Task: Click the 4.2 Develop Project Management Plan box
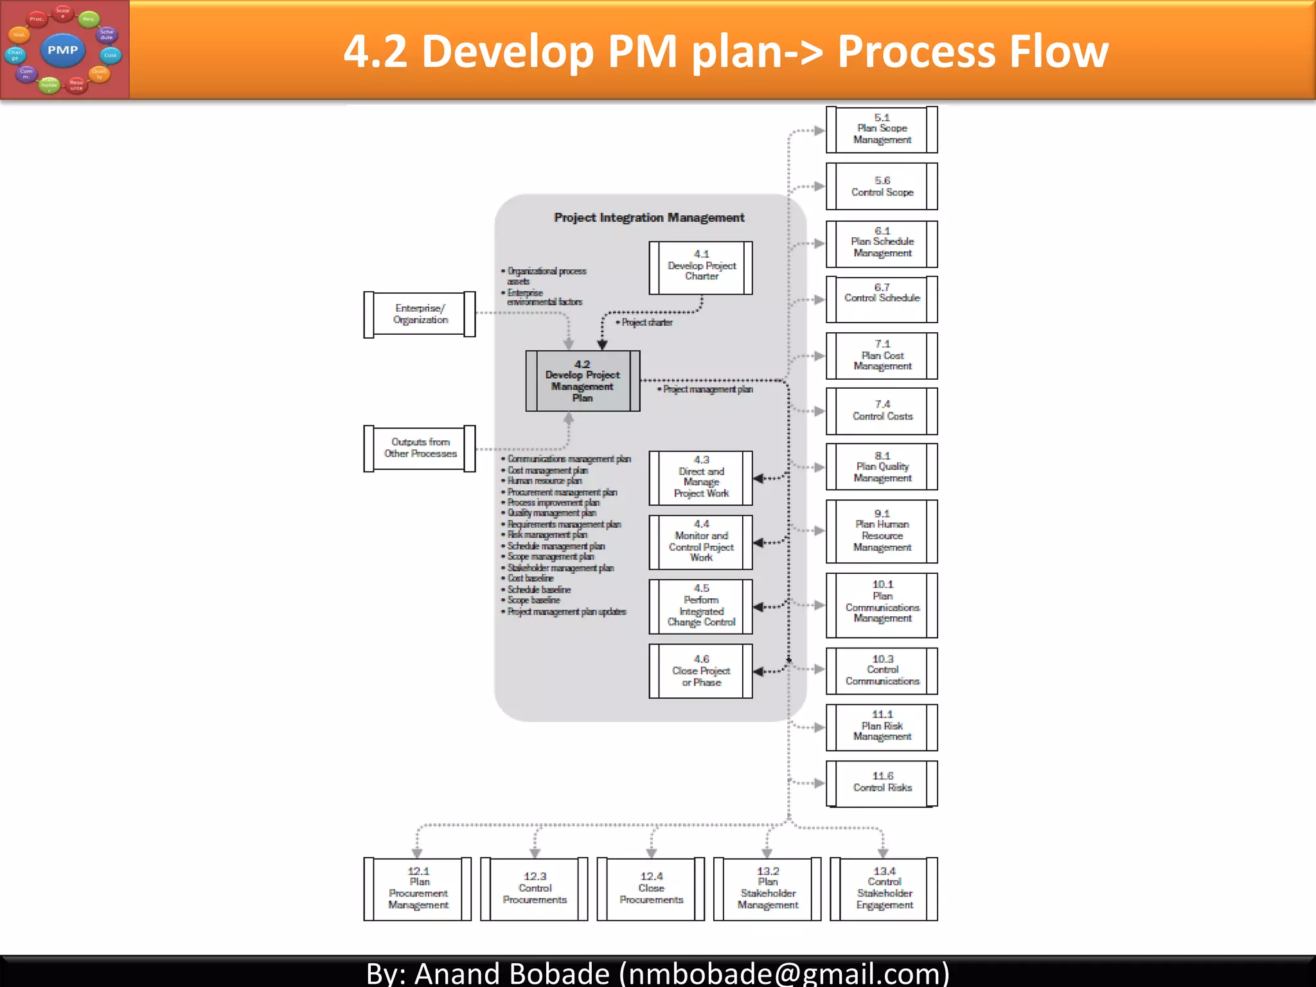[582, 381]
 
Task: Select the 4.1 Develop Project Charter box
[700, 268]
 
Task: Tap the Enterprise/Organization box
[420, 314]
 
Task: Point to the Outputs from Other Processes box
[420, 448]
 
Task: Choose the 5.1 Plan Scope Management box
[882, 130]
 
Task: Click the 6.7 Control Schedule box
[882, 299]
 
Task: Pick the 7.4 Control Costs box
[882, 411]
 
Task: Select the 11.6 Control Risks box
[882, 783]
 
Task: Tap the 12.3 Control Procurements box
[534, 889]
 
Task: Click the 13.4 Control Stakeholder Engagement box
[884, 889]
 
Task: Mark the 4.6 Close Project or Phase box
[700, 671]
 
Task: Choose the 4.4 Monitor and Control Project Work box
[700, 542]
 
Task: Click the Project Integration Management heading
[649, 218]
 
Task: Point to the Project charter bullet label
[646, 323]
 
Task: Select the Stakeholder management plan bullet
[560, 568]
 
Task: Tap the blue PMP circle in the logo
[62, 50]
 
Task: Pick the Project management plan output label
[707, 389]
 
